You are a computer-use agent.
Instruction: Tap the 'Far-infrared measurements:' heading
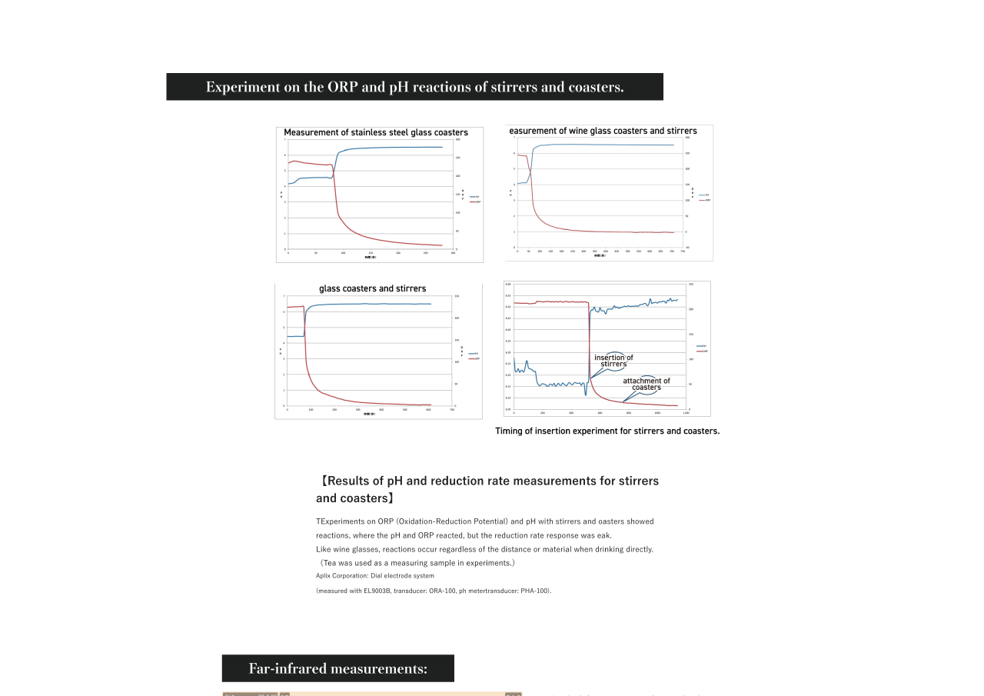tap(337, 668)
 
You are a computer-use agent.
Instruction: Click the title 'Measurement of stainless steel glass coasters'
tap(376, 132)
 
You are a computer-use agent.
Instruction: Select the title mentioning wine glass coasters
tap(603, 131)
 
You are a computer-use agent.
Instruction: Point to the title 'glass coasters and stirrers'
tap(372, 288)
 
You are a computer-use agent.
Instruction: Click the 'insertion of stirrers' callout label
tap(613, 361)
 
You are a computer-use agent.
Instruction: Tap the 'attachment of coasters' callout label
tap(646, 384)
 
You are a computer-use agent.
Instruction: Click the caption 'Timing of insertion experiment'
tap(607, 431)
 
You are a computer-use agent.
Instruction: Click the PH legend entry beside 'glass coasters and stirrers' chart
tap(474, 354)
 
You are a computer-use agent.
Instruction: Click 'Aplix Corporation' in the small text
tap(341, 575)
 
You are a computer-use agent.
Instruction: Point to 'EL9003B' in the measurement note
tap(377, 591)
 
